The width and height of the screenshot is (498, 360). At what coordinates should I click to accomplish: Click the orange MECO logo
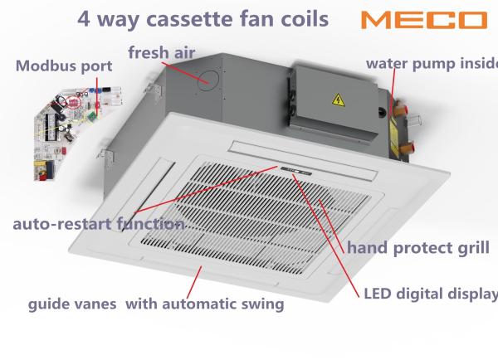click(x=424, y=20)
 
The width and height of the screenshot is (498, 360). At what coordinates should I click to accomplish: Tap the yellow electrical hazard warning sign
click(x=339, y=100)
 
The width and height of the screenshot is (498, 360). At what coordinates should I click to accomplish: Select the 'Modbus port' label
click(x=64, y=66)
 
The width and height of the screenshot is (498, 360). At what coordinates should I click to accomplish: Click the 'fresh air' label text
click(x=162, y=52)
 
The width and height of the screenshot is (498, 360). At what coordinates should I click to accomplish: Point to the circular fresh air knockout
click(x=208, y=80)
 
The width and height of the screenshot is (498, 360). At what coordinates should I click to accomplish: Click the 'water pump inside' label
click(x=432, y=64)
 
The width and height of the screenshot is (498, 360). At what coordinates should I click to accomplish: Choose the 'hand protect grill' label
click(x=418, y=248)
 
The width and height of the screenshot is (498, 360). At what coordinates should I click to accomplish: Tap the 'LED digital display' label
click(x=431, y=294)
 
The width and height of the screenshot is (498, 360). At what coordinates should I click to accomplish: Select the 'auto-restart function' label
click(x=99, y=224)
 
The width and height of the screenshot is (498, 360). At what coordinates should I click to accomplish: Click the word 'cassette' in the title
click(x=190, y=19)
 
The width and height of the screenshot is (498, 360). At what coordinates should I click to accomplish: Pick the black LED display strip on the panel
click(x=296, y=171)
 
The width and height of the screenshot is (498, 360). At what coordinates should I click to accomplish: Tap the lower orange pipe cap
click(x=406, y=148)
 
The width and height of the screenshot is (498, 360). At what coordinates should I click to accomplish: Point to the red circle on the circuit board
click(x=74, y=102)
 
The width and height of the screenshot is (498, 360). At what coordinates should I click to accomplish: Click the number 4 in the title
click(x=84, y=19)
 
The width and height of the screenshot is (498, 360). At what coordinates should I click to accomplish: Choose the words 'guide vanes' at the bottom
click(x=72, y=304)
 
